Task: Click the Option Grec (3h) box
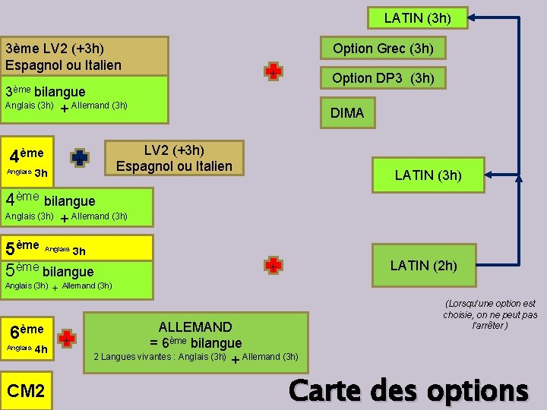(x=383, y=49)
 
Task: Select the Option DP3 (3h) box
(x=383, y=77)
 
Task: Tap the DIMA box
(x=347, y=113)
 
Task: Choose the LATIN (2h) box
(x=423, y=265)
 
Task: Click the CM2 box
(x=26, y=391)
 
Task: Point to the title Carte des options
(x=408, y=390)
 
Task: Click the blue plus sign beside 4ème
(x=79, y=157)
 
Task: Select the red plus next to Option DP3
(x=273, y=71)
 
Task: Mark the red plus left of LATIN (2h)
(x=273, y=265)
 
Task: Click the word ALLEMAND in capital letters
(x=195, y=327)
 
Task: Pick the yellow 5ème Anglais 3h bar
(x=76, y=247)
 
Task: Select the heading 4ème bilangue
(x=50, y=200)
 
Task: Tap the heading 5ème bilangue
(x=49, y=271)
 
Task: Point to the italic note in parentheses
(x=489, y=314)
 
